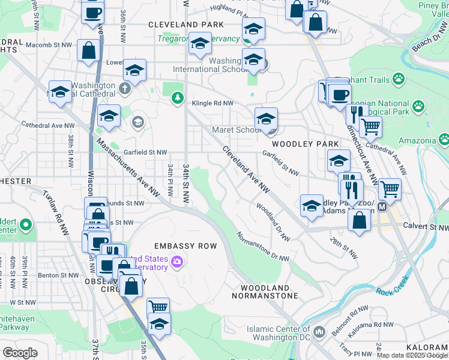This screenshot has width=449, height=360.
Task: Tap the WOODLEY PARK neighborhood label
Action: click(x=298, y=145)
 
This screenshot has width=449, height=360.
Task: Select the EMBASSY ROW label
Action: click(x=181, y=246)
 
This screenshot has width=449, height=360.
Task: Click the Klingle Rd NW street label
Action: click(x=212, y=103)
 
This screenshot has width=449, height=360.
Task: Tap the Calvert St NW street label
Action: click(x=427, y=227)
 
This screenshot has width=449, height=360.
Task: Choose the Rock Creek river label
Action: click(x=392, y=292)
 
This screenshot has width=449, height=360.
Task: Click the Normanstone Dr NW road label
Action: click(x=262, y=246)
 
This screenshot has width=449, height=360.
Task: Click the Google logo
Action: click(x=20, y=352)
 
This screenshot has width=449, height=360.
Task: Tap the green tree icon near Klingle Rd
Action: click(x=177, y=98)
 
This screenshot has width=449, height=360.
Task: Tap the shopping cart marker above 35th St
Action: click(x=158, y=307)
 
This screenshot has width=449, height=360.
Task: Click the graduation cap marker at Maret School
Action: click(x=266, y=118)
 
